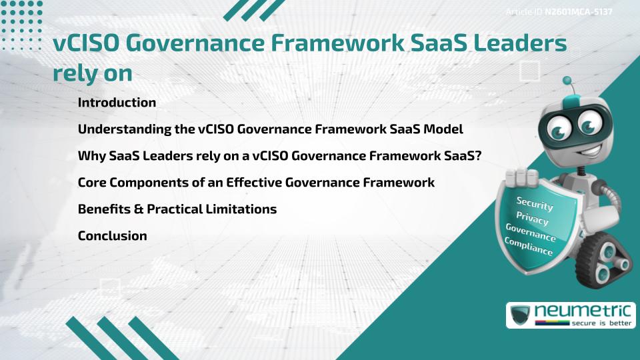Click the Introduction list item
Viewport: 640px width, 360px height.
coord(117,103)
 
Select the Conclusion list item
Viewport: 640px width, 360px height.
coord(112,235)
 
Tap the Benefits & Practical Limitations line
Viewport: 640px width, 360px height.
coord(177,209)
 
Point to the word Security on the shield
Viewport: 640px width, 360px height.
coord(535,203)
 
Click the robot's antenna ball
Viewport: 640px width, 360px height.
coord(567,81)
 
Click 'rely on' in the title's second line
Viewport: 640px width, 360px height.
coord(92,73)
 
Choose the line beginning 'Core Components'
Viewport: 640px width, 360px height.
coord(256,182)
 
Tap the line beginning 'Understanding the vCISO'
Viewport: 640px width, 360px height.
coord(270,129)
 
